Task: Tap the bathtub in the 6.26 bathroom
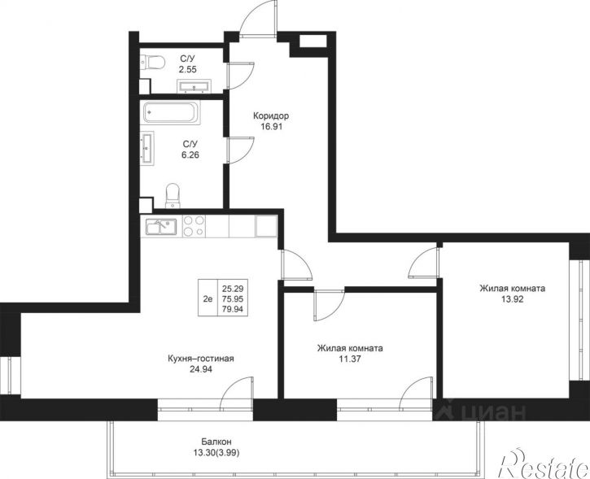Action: (172, 112)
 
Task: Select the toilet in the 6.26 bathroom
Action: (173, 195)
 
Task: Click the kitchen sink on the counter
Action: (161, 227)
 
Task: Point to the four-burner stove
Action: (194, 226)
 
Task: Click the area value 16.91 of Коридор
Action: (271, 126)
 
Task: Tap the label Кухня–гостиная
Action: (201, 359)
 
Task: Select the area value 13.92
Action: (512, 299)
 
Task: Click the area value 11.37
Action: (350, 359)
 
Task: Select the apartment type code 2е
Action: (208, 299)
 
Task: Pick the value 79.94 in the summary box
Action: (233, 309)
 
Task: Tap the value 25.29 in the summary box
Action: (233, 289)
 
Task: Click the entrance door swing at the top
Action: (258, 18)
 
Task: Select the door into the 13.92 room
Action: (423, 263)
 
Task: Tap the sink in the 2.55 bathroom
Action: (194, 86)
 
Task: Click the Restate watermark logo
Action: (544, 464)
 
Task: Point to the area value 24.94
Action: (201, 369)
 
